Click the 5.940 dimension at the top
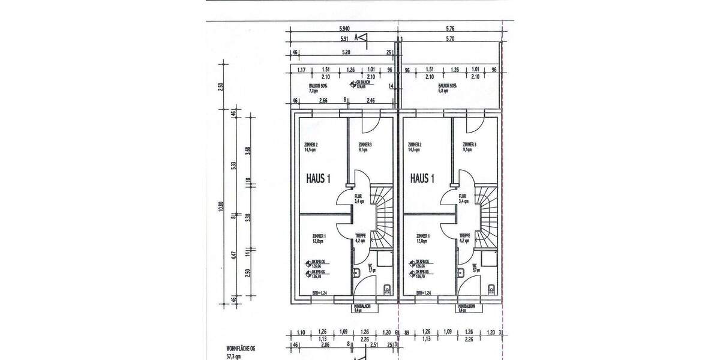344,28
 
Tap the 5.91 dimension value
344,39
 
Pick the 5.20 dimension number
346,53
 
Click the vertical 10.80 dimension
221,206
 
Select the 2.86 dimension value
325,346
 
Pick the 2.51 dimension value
374,346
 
